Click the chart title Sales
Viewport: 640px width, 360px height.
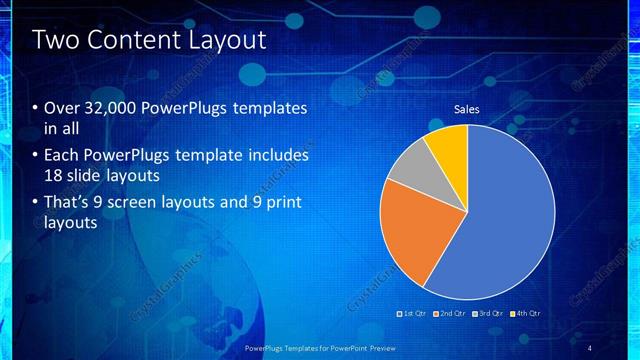pos(467,109)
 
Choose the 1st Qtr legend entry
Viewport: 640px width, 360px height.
pos(414,313)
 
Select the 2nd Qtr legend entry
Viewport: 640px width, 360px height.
pos(451,313)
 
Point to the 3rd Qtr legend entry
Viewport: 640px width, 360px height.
pos(488,313)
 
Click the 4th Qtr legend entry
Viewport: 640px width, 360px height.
pos(525,313)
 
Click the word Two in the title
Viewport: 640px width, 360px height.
pos(55,41)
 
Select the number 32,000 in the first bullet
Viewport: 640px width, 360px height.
pos(110,108)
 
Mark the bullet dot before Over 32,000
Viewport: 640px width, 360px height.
pos(36,108)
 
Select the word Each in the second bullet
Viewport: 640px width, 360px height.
pos(62,156)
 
